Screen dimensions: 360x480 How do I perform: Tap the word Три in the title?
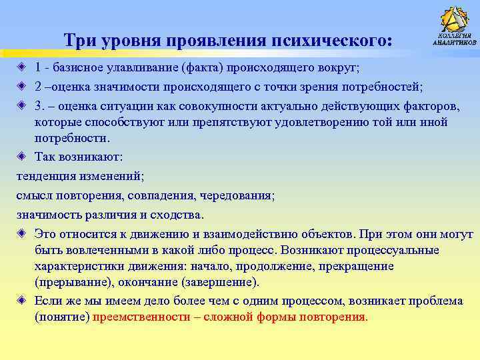tap(80, 41)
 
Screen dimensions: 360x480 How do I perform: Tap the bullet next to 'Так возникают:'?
tap(23, 157)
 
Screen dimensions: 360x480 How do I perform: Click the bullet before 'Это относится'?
tap(23, 234)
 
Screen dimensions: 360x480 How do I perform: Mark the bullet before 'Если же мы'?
tap(23, 301)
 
